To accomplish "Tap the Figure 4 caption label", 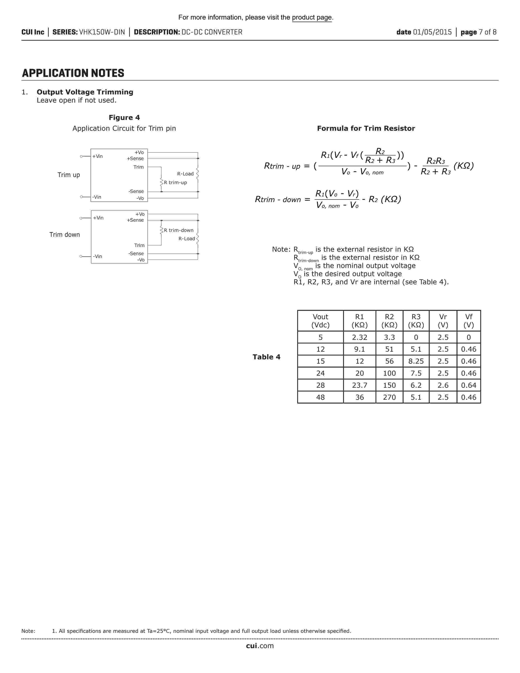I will (124, 118).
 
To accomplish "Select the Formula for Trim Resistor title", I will (366, 128).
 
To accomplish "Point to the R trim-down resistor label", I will (178, 230).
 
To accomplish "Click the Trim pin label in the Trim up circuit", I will (138, 167).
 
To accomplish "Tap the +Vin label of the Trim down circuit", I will (98, 218).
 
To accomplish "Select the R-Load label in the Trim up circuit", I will (185, 174).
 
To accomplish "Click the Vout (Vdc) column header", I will (320, 321).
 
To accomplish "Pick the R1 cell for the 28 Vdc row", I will (360, 385).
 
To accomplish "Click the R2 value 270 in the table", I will (389, 397).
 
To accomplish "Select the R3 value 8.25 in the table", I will (416, 361).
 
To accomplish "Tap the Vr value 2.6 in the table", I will (443, 385).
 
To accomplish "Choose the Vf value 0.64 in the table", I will (468, 385).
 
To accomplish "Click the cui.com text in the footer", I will (260, 646).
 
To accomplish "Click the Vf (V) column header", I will (468, 321).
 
